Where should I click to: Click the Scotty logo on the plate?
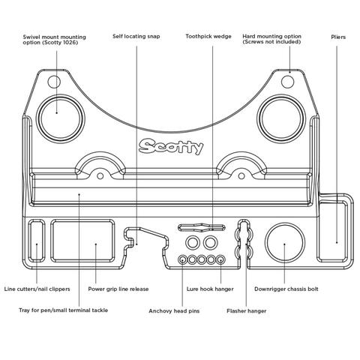(x=171, y=146)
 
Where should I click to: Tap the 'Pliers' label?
(x=338, y=37)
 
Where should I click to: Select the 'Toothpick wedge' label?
(x=208, y=37)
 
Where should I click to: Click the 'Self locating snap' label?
(x=136, y=37)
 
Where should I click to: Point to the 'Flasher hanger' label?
(x=246, y=311)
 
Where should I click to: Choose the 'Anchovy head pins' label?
(x=174, y=311)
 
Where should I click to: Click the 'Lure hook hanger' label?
(x=210, y=289)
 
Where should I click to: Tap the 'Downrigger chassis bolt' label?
(x=286, y=289)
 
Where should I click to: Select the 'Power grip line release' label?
(x=118, y=289)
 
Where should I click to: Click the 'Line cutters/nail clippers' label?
(x=37, y=289)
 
